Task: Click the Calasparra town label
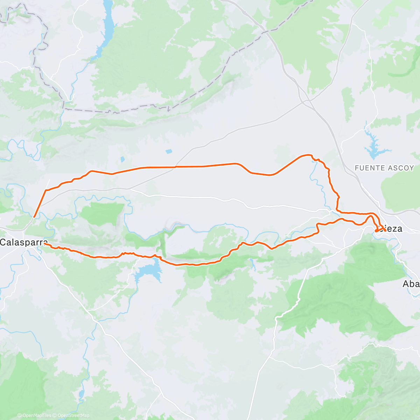[x=23, y=242]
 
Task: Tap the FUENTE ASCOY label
[x=384, y=168]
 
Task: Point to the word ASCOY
[x=401, y=168]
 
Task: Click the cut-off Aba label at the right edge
[x=411, y=283]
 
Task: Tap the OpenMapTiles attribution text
[x=36, y=415]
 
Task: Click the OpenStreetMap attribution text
[x=73, y=415]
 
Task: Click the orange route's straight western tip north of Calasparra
[x=34, y=217]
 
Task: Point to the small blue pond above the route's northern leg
[x=169, y=152]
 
